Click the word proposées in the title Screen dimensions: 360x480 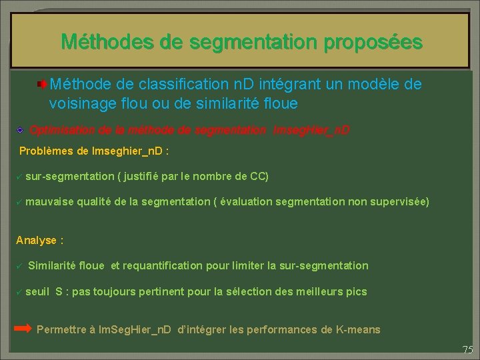pyautogui.click(x=373, y=43)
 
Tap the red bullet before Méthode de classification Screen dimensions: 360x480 pyautogui.click(x=42, y=85)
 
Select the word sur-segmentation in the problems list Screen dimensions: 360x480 pyautogui.click(x=70, y=176)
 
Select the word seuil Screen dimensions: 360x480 pyautogui.click(x=38, y=291)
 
